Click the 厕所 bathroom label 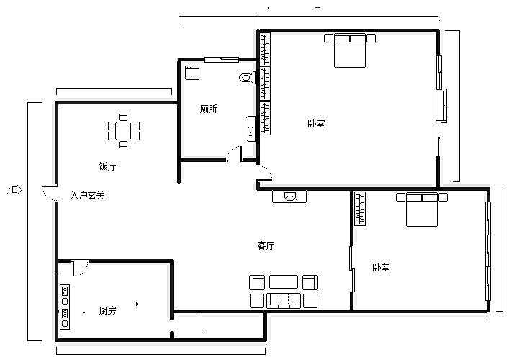click(x=208, y=109)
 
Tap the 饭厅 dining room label click(x=107, y=166)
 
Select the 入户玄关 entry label click(x=88, y=195)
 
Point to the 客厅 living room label click(x=266, y=246)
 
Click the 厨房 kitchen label click(x=107, y=310)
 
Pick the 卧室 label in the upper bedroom click(x=316, y=123)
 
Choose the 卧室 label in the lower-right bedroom click(x=381, y=268)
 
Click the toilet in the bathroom click(x=248, y=78)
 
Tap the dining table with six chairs click(x=123, y=131)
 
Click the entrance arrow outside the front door click(x=17, y=189)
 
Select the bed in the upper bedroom click(x=350, y=50)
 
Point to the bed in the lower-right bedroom click(x=422, y=210)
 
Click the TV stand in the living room click(x=289, y=197)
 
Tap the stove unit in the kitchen click(x=65, y=307)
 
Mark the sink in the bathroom click(x=251, y=129)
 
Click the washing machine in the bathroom click(x=192, y=73)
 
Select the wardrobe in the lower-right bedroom click(x=360, y=209)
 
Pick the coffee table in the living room click(x=284, y=282)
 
